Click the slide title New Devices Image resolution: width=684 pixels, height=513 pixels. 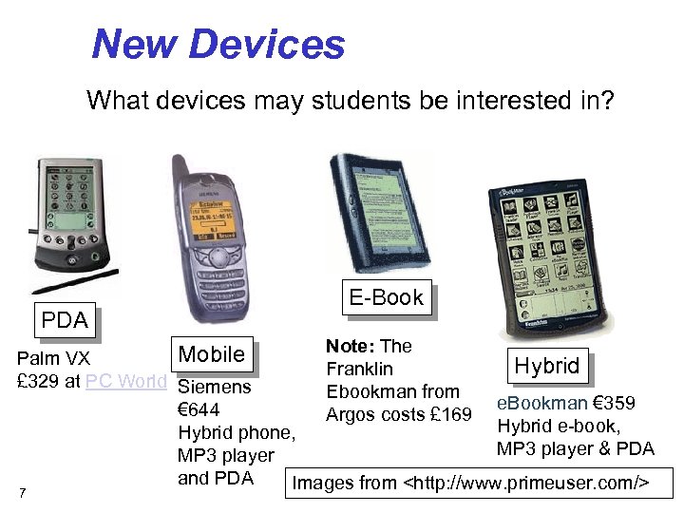click(218, 44)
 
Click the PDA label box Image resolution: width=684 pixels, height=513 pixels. click(65, 320)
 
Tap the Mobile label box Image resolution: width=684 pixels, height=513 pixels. click(212, 354)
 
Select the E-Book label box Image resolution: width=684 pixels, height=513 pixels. click(386, 297)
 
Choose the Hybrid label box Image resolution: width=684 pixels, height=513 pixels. click(546, 366)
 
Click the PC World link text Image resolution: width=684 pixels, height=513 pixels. click(125, 382)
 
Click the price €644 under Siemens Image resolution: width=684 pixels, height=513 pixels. click(199, 410)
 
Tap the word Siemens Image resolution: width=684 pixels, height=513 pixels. click(215, 388)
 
